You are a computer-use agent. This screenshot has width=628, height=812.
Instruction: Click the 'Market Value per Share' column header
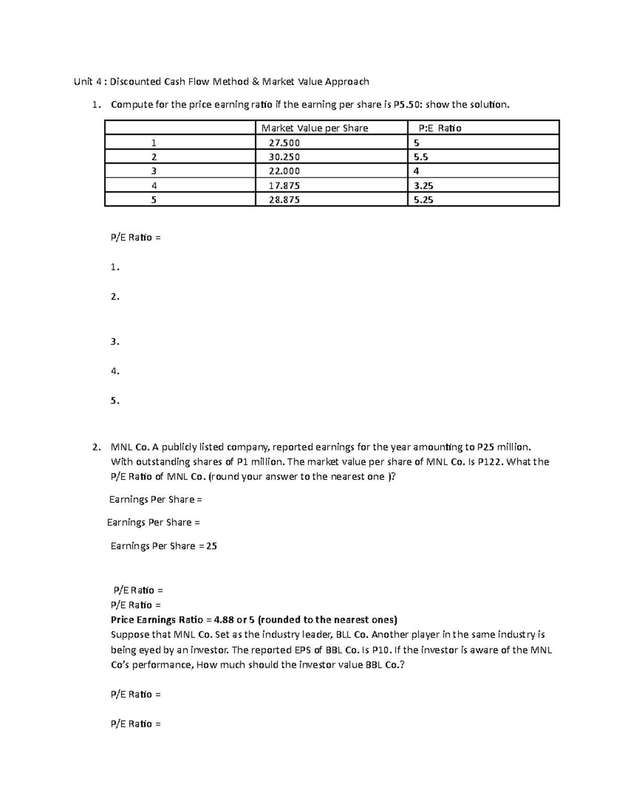[315, 128]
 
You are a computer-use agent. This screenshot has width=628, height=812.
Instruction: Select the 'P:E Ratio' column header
[440, 128]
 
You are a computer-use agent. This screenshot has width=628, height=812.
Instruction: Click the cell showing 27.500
[284, 143]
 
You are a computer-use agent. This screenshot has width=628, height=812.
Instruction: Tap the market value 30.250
[284, 157]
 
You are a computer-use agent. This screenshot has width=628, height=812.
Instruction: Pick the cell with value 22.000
[284, 171]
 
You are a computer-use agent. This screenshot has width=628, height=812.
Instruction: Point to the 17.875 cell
[284, 186]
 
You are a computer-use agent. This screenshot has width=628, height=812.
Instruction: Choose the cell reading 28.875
[284, 200]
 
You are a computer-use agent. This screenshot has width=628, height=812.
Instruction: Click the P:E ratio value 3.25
[423, 186]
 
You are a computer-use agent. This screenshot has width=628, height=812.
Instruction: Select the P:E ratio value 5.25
[423, 200]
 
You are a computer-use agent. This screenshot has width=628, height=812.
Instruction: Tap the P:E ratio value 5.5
[421, 157]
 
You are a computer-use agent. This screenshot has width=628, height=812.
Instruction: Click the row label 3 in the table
[154, 171]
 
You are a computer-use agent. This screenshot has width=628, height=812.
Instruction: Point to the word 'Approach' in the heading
[346, 82]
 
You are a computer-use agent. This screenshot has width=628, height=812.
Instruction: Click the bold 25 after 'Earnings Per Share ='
[211, 546]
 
